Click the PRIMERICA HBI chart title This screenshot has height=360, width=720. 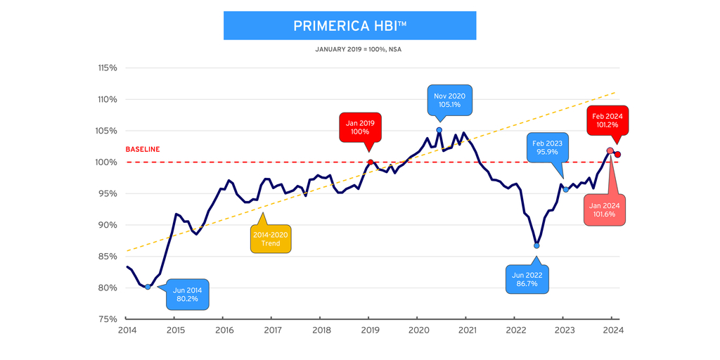349,26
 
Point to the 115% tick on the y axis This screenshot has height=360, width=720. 107,68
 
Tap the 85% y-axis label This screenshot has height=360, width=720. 108,257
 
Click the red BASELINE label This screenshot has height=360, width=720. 143,149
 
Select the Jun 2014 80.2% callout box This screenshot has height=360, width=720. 187,294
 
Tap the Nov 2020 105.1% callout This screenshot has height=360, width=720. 450,101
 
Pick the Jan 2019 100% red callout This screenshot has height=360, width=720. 360,127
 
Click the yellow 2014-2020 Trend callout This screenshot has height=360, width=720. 270,239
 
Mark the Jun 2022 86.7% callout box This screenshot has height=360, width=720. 527,279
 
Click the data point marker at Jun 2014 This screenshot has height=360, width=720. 148,287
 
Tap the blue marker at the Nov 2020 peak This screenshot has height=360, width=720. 439,130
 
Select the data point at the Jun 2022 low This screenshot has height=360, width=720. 536,246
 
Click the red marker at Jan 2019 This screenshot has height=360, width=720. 370,162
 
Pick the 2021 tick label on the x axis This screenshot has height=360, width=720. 466,330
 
